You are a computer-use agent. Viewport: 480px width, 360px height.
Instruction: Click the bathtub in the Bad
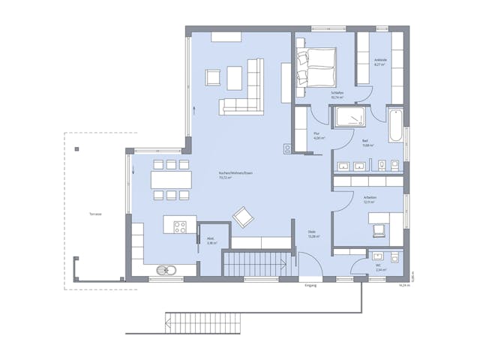click(395, 125)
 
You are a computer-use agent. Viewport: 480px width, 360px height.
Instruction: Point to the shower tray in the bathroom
click(349, 117)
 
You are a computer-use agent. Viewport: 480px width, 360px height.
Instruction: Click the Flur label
click(317, 136)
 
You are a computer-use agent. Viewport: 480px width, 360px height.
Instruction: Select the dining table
click(172, 180)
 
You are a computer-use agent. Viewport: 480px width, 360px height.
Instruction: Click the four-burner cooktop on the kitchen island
click(180, 226)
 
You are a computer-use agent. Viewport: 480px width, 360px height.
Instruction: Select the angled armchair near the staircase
click(244, 217)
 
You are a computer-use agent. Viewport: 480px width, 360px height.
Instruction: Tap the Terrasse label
click(94, 214)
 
